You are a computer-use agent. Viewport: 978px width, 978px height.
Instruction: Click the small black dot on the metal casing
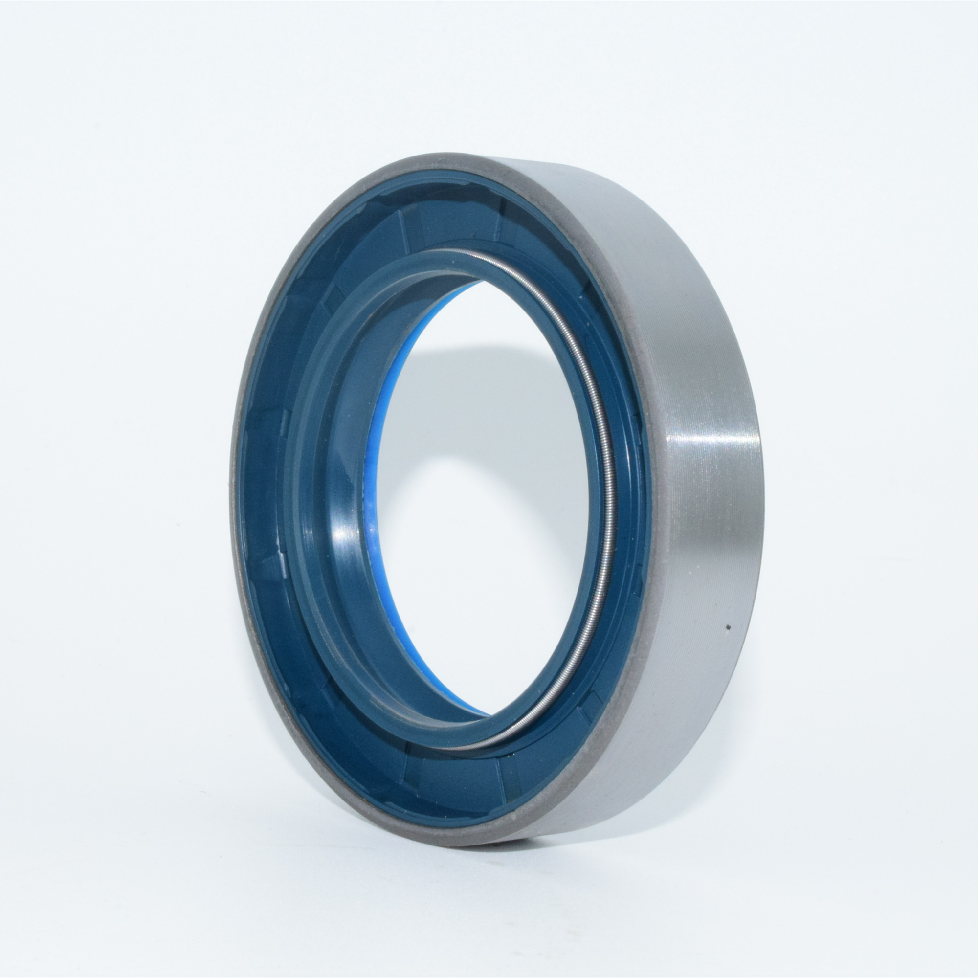coord(728,627)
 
